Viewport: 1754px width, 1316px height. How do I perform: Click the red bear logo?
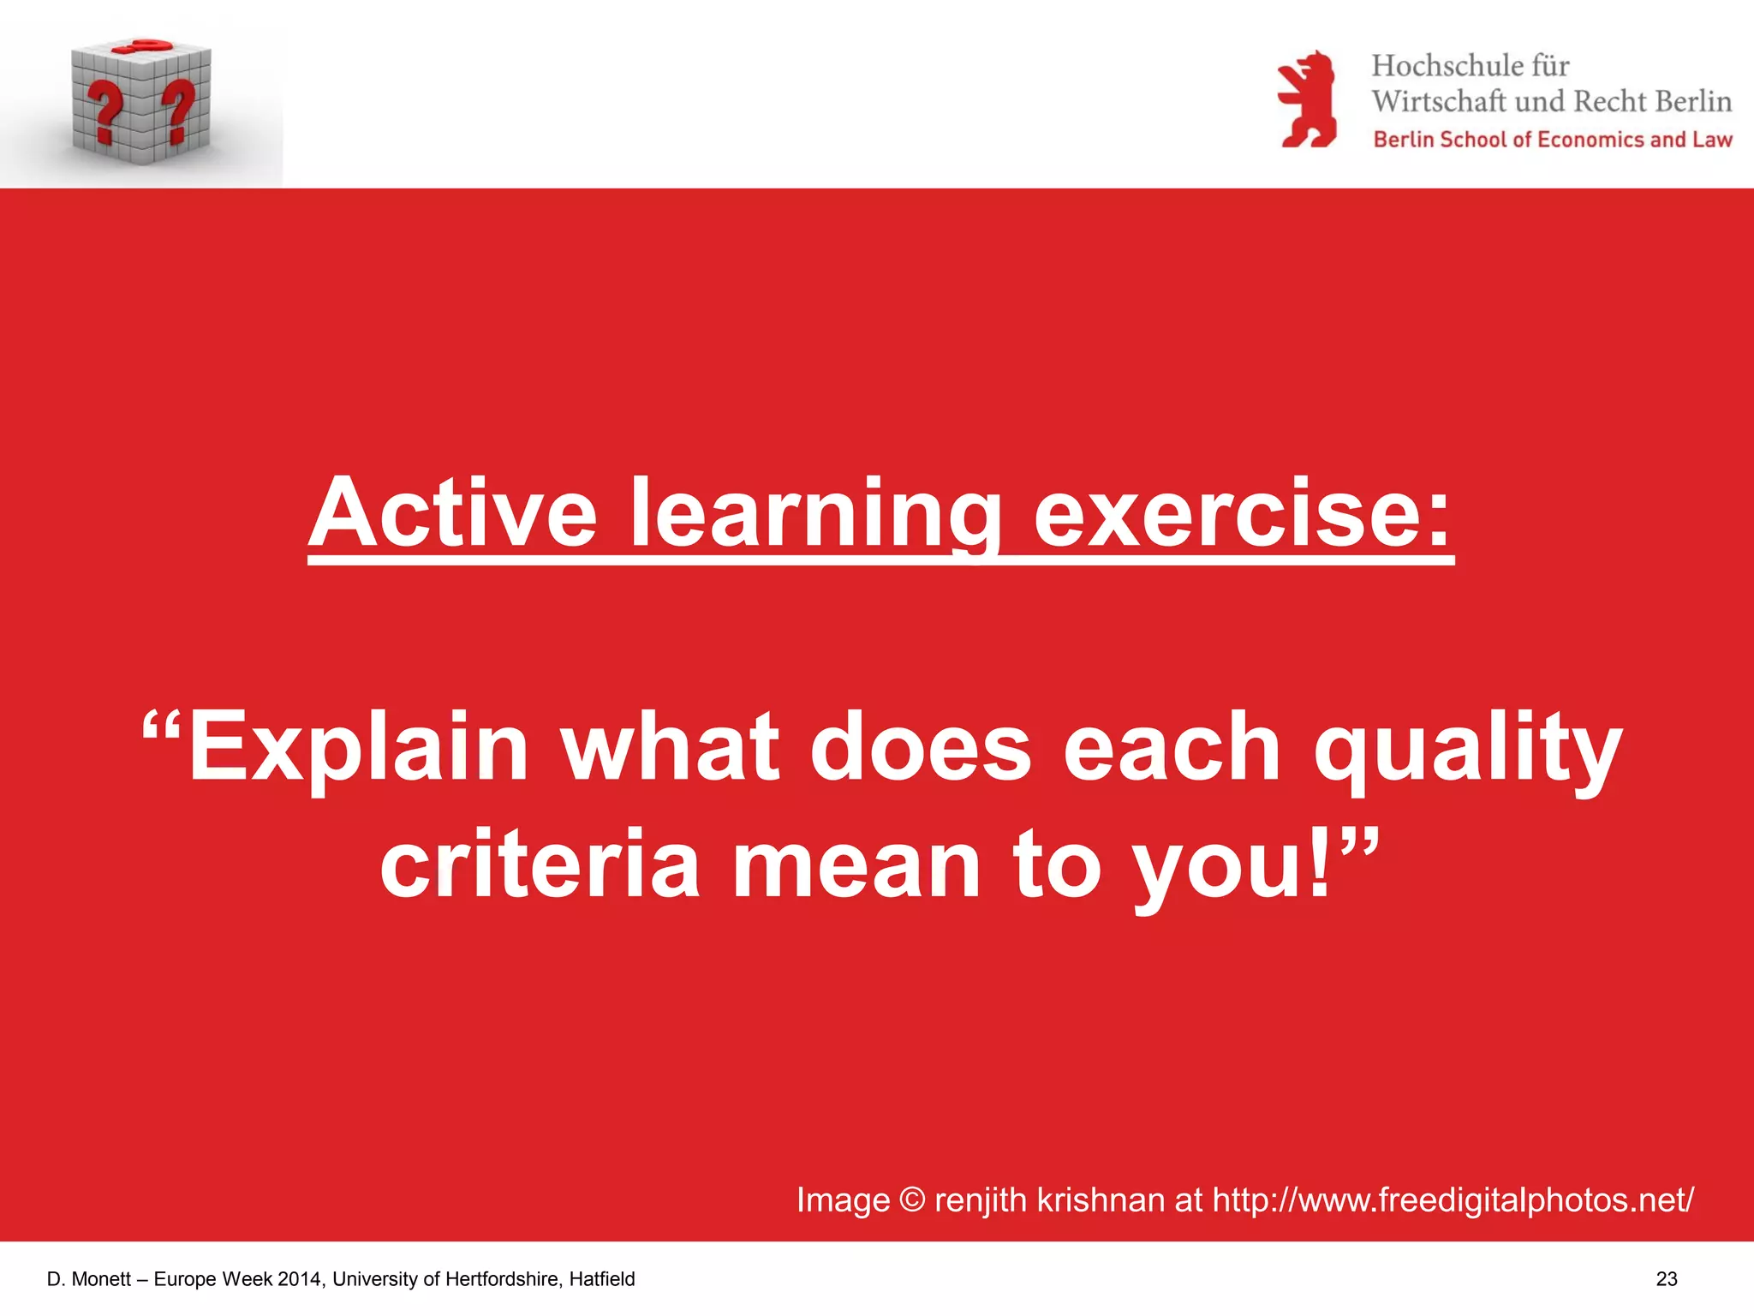(1306, 99)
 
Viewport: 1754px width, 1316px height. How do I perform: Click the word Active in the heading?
(453, 513)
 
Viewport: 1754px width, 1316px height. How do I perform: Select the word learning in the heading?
(816, 513)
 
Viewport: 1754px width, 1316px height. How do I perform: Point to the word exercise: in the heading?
(1242, 513)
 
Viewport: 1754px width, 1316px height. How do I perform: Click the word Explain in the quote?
(357, 747)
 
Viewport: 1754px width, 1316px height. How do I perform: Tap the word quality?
(1467, 747)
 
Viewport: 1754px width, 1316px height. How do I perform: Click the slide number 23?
(1667, 1279)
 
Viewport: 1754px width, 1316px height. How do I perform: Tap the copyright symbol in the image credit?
(912, 1199)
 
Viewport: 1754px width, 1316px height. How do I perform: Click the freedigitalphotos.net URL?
(1453, 1199)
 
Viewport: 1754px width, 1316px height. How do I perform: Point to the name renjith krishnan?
(1049, 1199)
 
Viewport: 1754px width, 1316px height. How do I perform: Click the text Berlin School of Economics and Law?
(1552, 140)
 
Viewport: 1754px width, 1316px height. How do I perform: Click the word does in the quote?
(921, 747)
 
